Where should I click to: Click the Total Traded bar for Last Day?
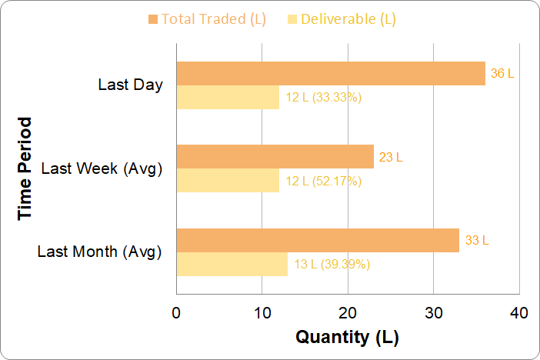331,74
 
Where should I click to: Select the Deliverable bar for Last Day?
228,98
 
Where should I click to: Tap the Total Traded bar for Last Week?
275,157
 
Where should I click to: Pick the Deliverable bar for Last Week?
228,181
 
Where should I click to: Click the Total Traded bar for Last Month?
318,240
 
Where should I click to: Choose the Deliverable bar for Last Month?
232,264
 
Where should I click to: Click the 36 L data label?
502,74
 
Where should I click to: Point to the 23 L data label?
391,158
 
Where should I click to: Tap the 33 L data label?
476,241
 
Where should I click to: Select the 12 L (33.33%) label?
323,98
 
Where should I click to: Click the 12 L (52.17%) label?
323,182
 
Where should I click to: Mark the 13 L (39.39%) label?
332,265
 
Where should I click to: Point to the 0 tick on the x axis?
176,313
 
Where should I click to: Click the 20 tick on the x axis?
348,313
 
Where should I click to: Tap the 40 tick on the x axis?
519,313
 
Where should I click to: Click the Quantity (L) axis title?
348,337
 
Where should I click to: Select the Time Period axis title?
25,168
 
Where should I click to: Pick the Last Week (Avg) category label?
102,168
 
